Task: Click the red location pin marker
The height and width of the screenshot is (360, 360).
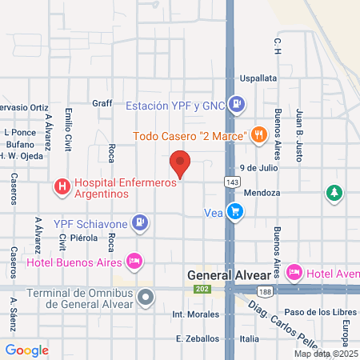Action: (x=181, y=164)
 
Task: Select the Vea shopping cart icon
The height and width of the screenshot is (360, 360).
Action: (x=234, y=211)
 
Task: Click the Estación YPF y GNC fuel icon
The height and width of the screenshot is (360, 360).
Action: (x=236, y=104)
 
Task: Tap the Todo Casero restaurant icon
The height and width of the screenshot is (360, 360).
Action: (x=258, y=135)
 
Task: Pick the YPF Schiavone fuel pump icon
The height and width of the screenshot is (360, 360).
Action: (x=140, y=222)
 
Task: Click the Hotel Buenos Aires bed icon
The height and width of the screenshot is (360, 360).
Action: (x=134, y=261)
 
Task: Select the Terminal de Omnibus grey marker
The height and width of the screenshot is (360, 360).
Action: (x=146, y=298)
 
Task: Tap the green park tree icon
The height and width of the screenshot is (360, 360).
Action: (x=334, y=193)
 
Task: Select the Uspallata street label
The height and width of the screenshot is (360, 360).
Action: (x=259, y=78)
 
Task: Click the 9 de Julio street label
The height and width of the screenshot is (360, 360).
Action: (x=257, y=169)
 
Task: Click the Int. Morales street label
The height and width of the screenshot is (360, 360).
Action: (x=195, y=314)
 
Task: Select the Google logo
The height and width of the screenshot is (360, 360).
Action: (x=27, y=350)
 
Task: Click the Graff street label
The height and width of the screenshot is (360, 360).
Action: (x=102, y=102)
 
